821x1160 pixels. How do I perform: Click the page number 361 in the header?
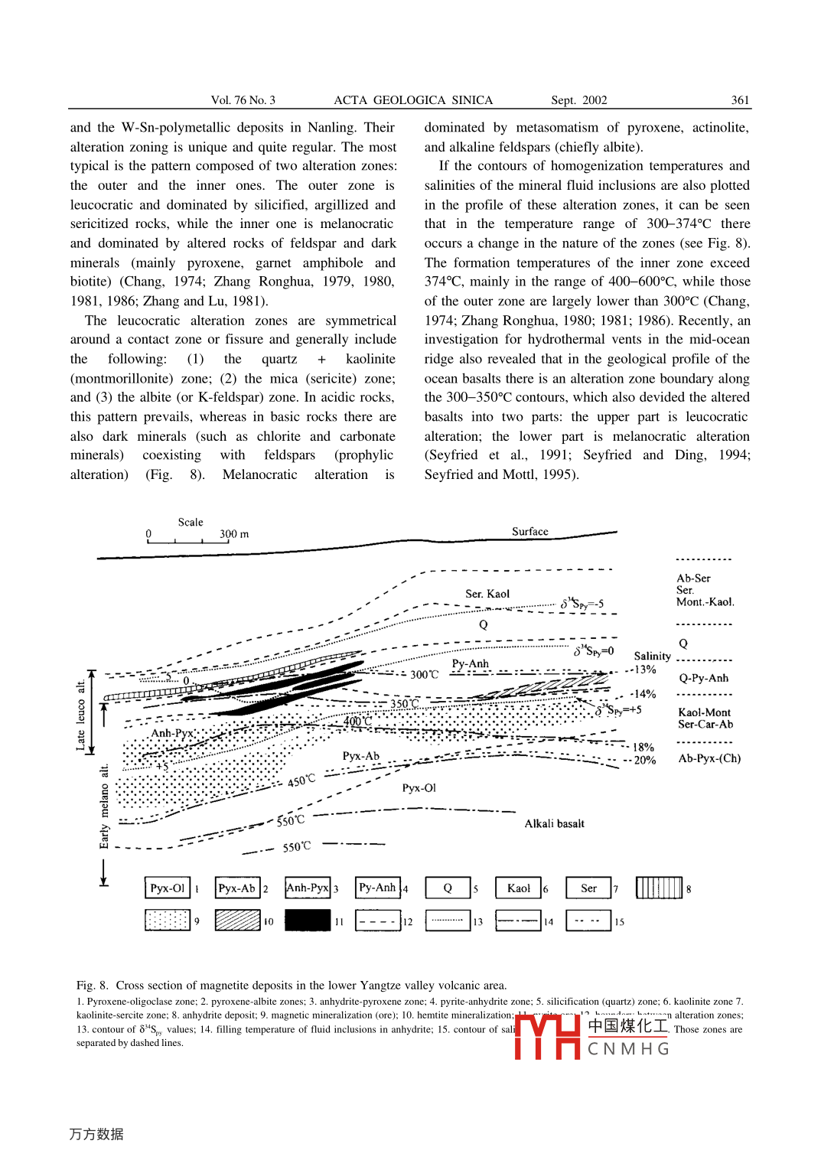point(740,100)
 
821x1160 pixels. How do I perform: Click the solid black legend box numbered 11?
point(308,920)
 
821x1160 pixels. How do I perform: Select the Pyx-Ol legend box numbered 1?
point(167,888)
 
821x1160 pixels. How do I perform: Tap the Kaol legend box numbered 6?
point(518,888)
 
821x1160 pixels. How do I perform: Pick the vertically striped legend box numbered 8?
point(658,888)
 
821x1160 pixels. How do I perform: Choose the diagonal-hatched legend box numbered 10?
point(237,920)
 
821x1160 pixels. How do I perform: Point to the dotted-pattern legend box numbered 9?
point(167,920)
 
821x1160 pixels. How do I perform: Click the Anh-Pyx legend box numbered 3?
point(308,888)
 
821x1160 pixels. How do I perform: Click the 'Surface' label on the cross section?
point(530,532)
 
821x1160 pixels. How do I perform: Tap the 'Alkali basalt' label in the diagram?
point(554,824)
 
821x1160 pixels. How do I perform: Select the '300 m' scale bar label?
point(234,534)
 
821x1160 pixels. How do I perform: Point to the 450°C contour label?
point(301,781)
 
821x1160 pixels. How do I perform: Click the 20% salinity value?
point(644,761)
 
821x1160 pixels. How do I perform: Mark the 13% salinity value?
point(644,670)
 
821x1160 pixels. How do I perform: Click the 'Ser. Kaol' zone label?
point(487,594)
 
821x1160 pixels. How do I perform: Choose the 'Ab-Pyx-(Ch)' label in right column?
point(709,758)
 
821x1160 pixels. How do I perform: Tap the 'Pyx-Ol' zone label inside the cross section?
point(419,788)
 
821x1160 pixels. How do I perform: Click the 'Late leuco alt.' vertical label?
point(80,715)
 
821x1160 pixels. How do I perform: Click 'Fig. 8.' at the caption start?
point(92,986)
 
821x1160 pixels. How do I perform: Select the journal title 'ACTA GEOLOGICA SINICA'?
point(413,100)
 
